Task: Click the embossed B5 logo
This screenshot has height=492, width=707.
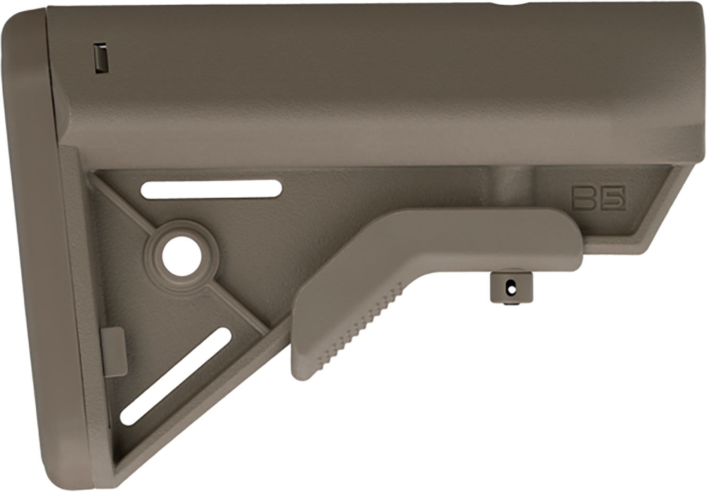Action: click(x=599, y=198)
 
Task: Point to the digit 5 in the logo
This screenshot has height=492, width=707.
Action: click(x=614, y=198)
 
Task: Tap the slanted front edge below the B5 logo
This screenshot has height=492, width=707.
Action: click(x=660, y=207)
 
